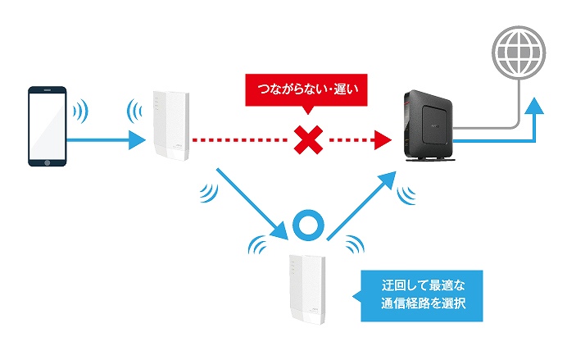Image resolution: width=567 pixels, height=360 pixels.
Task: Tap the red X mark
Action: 306,141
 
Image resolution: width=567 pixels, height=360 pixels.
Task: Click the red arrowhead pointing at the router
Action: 379,141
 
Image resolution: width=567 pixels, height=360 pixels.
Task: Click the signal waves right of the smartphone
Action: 80,110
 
